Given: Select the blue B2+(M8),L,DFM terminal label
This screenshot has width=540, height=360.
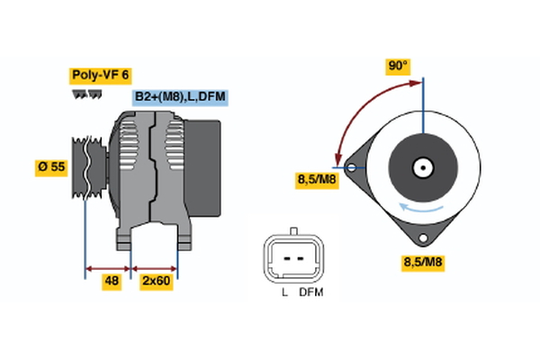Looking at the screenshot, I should [180, 97].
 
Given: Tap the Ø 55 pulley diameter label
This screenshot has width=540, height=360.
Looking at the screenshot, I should [51, 167].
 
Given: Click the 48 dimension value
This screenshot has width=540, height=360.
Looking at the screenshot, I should [112, 282].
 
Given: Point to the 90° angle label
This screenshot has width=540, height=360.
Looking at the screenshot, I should [398, 67].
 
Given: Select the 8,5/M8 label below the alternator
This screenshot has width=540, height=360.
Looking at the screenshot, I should [423, 263].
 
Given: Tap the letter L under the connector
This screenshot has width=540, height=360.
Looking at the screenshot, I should [283, 292].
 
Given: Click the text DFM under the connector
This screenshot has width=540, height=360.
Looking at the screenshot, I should [310, 292].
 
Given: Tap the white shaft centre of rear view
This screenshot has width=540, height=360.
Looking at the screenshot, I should [421, 166].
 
